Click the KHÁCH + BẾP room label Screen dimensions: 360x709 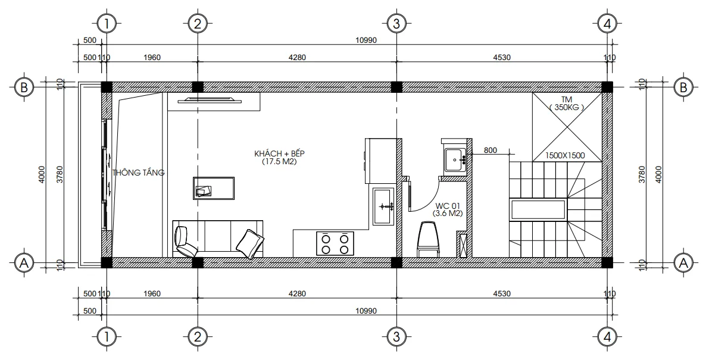(x=275, y=154)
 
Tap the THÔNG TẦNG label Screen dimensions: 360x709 (x=138, y=173)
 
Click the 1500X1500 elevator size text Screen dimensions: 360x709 (x=565, y=156)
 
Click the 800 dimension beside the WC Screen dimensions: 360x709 (x=490, y=150)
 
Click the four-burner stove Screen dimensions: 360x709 (x=335, y=243)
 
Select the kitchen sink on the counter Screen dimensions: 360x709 (x=383, y=206)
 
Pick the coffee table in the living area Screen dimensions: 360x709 (x=213, y=187)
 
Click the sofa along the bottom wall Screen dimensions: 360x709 (x=217, y=238)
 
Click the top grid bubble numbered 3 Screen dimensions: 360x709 (x=395, y=24)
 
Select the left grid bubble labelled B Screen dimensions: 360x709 (x=24, y=87)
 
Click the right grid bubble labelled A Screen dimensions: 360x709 (x=683, y=262)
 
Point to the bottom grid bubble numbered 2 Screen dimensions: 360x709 (x=197, y=337)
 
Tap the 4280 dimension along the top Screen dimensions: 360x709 (x=296, y=58)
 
